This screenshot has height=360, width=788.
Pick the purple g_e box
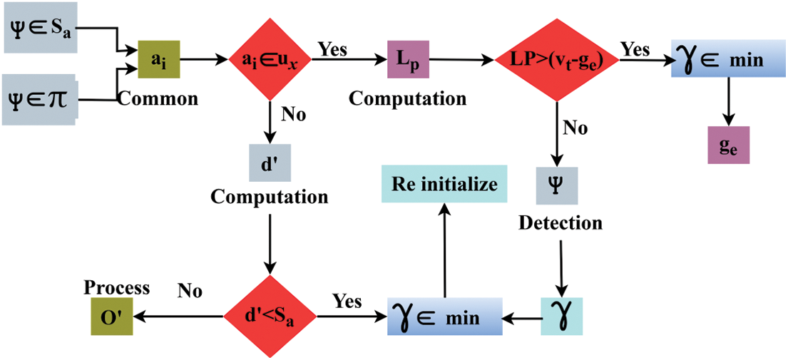(729, 145)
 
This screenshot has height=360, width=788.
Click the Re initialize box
(444, 184)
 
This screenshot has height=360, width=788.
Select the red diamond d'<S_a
(270, 317)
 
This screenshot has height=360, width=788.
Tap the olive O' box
(111, 317)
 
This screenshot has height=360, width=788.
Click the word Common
(158, 98)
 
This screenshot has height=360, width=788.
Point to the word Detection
(561, 222)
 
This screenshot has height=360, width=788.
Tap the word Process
(116, 288)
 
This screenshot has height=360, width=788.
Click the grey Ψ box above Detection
(557, 186)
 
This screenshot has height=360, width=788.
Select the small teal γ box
(561, 317)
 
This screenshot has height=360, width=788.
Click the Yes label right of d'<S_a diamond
(347, 302)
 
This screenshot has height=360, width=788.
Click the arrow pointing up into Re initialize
(444, 250)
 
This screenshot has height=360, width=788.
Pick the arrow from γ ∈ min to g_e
(729, 103)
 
